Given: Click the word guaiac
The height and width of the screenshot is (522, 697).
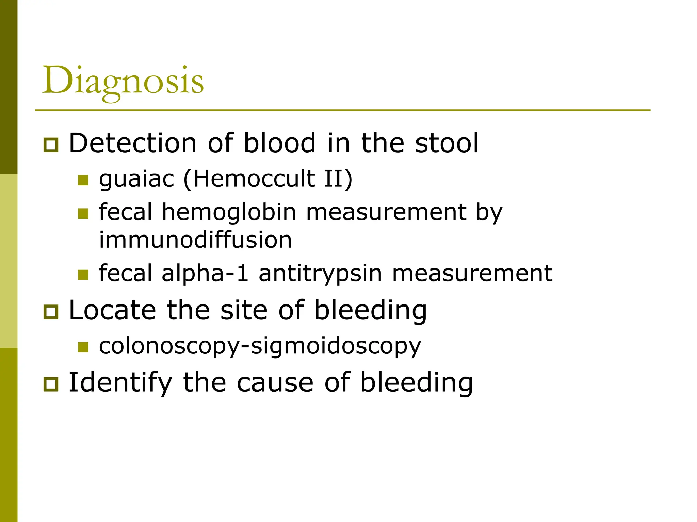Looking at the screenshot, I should pos(136,179).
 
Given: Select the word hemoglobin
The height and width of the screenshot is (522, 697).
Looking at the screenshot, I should pos(229,212).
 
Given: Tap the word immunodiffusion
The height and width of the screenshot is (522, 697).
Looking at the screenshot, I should pos(195,240).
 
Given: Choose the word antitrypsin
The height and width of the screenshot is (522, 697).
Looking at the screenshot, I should pos(320,273).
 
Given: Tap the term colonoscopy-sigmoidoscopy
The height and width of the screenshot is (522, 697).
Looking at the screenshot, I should pos(260,346).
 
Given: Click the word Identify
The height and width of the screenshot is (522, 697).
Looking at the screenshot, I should pos(120,382).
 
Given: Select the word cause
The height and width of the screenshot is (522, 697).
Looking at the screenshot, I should pos(275,382).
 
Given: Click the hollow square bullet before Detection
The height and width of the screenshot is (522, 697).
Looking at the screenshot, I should pos(51,145).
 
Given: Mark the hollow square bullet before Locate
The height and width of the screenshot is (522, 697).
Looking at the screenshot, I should pos(51,312).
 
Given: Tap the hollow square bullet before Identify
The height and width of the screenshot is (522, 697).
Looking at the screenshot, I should pos(51,384).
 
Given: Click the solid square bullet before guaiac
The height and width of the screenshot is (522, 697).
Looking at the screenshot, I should pos(83,180).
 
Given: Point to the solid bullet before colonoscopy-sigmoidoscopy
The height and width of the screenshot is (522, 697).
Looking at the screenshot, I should pos(83,347).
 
